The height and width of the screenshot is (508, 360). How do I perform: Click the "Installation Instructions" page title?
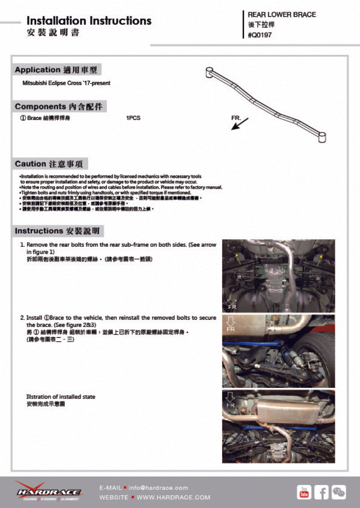pyautogui.click(x=89, y=21)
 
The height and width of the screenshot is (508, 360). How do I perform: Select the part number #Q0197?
pyautogui.click(x=260, y=35)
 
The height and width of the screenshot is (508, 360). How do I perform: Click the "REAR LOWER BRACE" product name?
pyautogui.click(x=282, y=15)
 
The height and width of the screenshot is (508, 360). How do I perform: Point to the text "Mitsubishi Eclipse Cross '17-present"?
pyautogui.click(x=66, y=83)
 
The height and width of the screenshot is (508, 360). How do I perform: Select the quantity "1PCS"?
pyautogui.click(x=133, y=118)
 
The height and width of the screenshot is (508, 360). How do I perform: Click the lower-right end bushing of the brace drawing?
pyautogui.click(x=322, y=137)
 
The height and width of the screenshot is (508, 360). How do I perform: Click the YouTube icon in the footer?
pyautogui.click(x=304, y=492)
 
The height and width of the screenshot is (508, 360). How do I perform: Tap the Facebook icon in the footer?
pyautogui.click(x=322, y=492)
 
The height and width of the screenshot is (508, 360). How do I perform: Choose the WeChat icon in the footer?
pyautogui.click(x=339, y=492)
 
